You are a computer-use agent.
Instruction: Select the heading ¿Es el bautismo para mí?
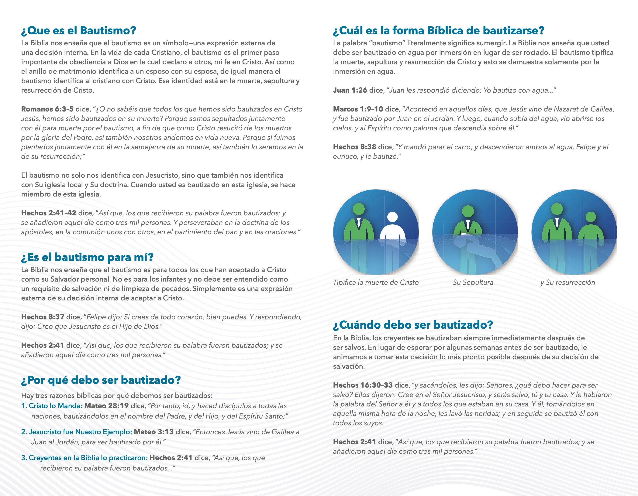87,257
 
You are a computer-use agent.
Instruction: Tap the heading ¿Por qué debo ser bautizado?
101,380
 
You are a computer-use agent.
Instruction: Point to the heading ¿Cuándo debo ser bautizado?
413,325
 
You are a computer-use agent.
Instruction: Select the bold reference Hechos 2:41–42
49,213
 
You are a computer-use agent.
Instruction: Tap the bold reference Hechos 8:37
42,317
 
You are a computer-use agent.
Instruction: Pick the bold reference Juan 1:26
350,90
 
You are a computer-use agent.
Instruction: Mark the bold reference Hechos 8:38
354,147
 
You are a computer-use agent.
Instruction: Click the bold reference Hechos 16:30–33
363,385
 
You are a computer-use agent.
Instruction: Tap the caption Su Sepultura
473,282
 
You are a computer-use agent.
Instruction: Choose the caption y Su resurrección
567,282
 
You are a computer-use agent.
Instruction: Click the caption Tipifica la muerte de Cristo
376,282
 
